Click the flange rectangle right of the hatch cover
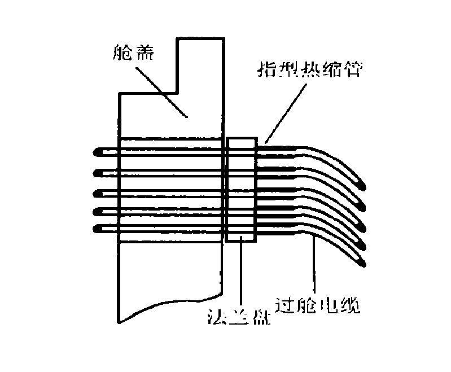tap(241, 189)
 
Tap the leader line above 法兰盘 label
tap(241, 277)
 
